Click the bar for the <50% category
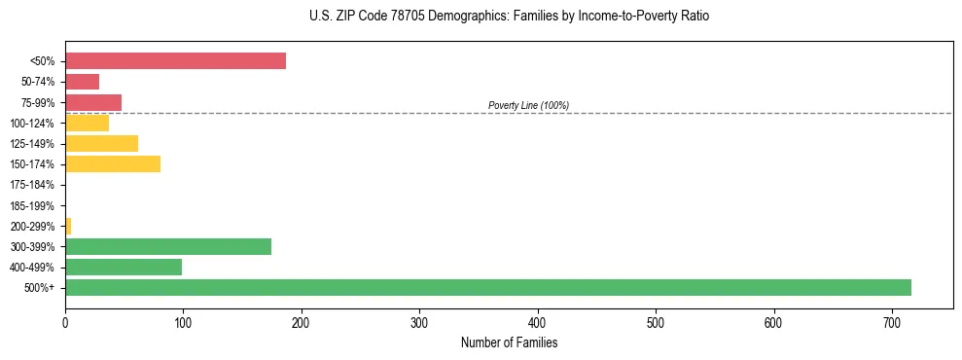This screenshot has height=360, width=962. point(175,61)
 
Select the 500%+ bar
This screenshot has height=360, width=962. point(487,287)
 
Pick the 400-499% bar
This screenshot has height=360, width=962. point(124,267)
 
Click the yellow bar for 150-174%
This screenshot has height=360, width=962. point(113,163)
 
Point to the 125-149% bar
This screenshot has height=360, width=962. point(101,143)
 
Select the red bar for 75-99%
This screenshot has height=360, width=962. point(93,102)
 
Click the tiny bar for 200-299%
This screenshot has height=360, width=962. point(68,226)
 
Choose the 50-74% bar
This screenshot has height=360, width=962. point(82,82)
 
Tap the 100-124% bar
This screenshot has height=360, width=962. point(87,123)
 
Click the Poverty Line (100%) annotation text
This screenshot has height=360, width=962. point(528,105)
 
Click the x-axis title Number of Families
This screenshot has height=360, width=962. point(509,342)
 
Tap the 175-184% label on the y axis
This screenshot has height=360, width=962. point(32,185)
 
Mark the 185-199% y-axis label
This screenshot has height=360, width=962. point(32,205)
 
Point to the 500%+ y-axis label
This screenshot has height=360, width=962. point(40,288)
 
